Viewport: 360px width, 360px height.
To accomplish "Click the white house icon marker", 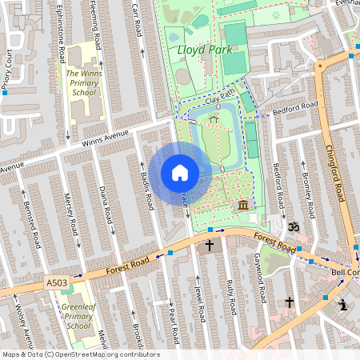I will point(180,173).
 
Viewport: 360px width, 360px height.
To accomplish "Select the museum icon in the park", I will point(242,207).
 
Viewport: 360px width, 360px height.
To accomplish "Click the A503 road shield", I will point(57,282).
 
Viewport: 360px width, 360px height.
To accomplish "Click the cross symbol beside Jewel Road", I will point(209,246).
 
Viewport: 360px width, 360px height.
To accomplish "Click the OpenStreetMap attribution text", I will point(80,354).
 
